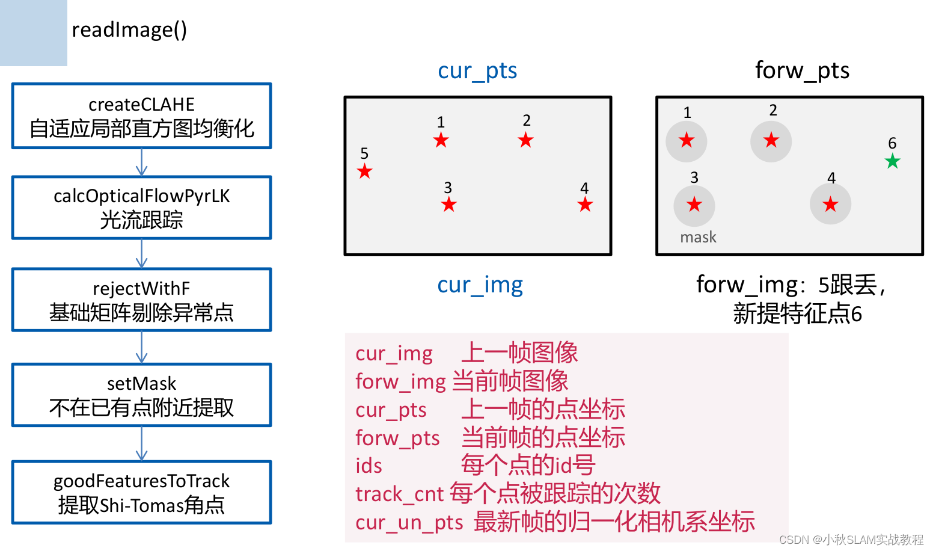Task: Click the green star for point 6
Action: [893, 161]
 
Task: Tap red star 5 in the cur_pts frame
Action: [364, 171]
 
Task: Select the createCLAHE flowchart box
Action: [142, 116]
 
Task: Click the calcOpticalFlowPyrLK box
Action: [142, 208]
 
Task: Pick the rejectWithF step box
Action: [142, 300]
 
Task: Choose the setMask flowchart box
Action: [142, 395]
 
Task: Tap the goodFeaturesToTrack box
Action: [142, 492]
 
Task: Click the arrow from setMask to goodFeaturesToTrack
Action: [142, 444]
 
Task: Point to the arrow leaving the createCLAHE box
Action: [142, 162]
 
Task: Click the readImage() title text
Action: [129, 29]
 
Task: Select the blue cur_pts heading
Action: [477, 71]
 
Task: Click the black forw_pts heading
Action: [802, 71]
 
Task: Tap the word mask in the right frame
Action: [698, 238]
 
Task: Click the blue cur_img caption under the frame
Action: [480, 285]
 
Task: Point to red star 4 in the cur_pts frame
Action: [585, 205]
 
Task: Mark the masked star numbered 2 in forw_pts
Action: [771, 141]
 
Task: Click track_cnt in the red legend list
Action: [399, 494]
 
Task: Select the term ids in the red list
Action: [369, 466]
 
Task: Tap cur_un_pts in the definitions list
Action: [409, 522]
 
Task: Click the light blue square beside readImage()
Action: [34, 32]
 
